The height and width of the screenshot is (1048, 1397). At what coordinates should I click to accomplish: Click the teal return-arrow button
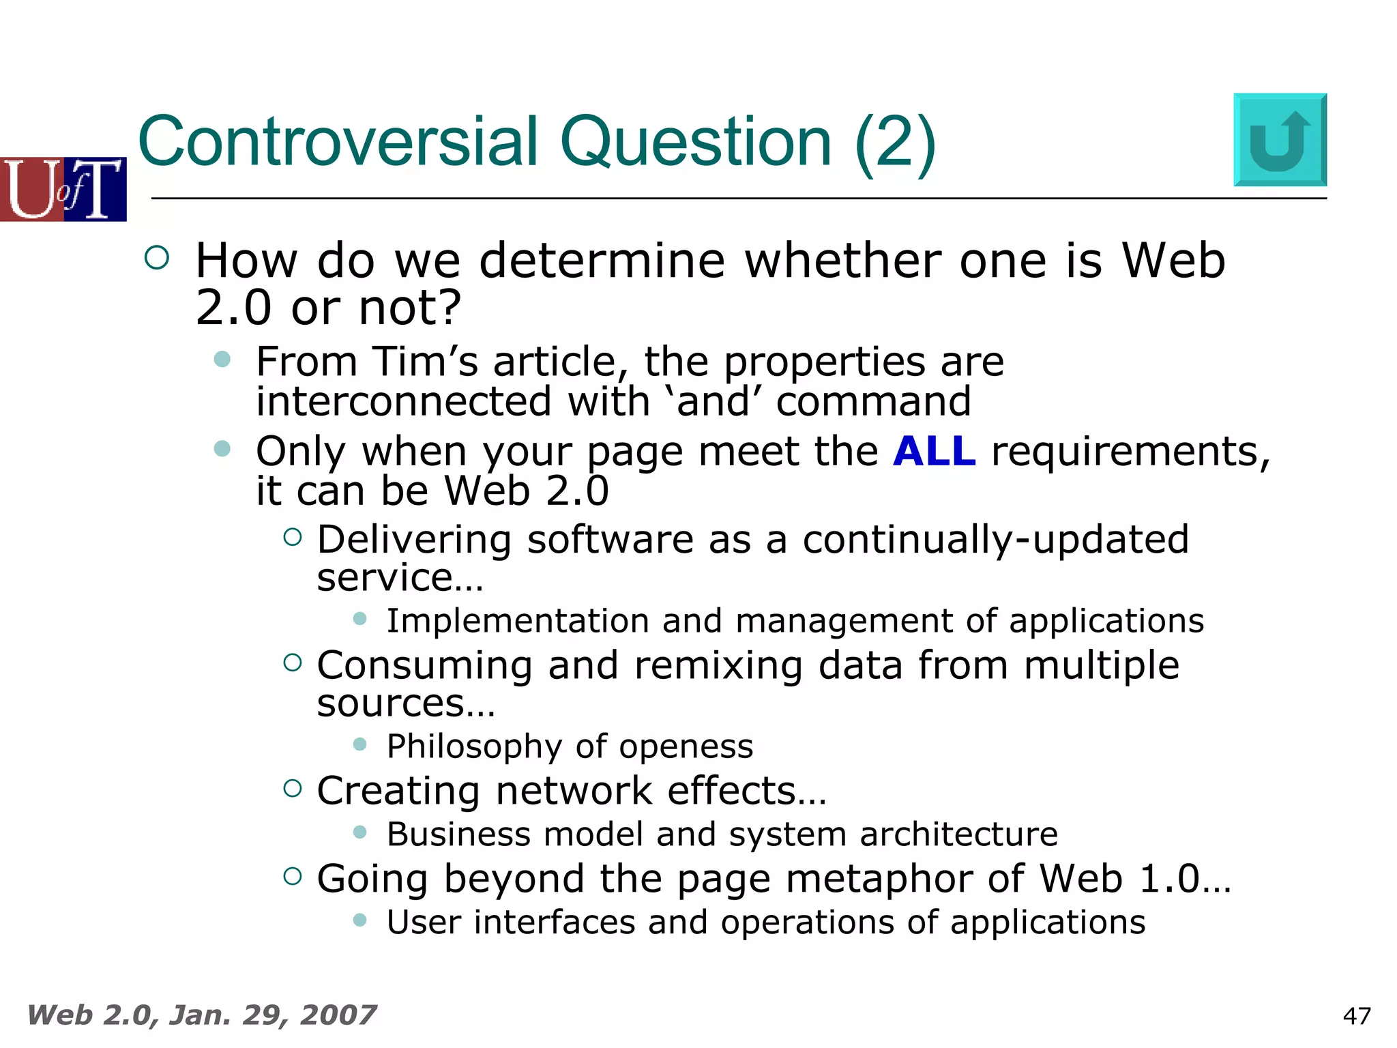pyautogui.click(x=1280, y=140)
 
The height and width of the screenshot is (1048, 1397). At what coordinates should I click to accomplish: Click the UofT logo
pyautogui.click(x=63, y=189)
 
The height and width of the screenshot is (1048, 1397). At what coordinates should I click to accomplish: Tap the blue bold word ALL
pyautogui.click(x=934, y=452)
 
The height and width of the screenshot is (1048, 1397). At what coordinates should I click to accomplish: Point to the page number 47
pyautogui.click(x=1356, y=1016)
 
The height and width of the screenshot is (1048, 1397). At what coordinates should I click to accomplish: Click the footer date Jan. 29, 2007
pyautogui.click(x=272, y=1015)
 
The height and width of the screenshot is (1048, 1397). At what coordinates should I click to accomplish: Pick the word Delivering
pyautogui.click(x=414, y=540)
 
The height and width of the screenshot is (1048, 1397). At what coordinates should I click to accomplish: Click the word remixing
pyautogui.click(x=718, y=665)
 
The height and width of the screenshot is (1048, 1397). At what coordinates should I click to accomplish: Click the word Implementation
pyautogui.click(x=517, y=622)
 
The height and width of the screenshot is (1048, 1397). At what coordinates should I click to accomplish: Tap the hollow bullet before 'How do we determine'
pyautogui.click(x=157, y=257)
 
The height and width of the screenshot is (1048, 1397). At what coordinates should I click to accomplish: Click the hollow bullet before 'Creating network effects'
pyautogui.click(x=292, y=789)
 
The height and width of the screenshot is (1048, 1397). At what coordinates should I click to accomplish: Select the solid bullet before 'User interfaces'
pyautogui.click(x=360, y=920)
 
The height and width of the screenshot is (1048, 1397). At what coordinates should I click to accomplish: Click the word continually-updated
pyautogui.click(x=995, y=540)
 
